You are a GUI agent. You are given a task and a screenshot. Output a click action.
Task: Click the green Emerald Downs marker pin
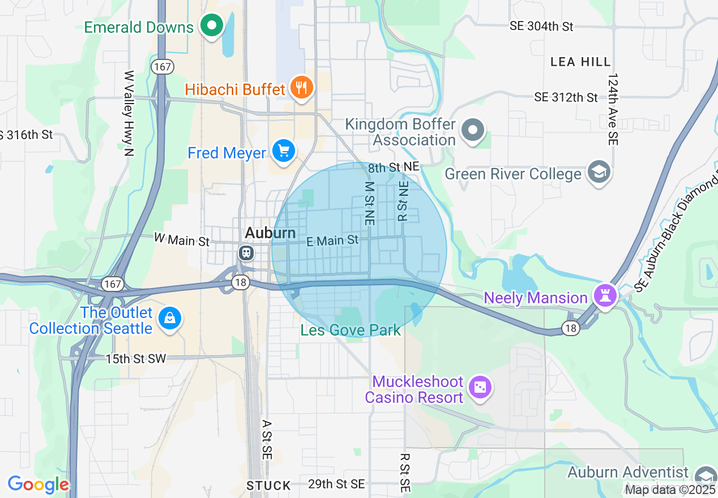212,26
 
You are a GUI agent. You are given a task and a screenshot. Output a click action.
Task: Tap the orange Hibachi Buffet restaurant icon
302,88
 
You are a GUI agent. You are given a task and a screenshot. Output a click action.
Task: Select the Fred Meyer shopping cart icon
283,152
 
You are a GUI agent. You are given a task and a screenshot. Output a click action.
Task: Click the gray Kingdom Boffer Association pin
473,131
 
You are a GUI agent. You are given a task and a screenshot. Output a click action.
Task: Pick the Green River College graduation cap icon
599,173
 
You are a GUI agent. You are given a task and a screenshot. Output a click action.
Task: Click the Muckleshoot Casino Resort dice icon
480,388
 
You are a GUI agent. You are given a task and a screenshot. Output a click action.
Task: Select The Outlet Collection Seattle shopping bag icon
169,319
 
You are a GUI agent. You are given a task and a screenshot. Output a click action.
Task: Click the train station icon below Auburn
246,252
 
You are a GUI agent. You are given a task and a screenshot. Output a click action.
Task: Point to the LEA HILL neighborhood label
580,62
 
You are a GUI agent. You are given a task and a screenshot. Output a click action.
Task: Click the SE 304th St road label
541,26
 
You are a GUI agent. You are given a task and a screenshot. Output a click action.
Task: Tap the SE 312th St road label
566,97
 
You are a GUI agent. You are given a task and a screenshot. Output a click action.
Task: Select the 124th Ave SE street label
612,109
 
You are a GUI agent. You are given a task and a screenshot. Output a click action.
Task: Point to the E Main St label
332,241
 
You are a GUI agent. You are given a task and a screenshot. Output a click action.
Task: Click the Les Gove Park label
351,330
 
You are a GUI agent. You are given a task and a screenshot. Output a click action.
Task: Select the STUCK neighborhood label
268,486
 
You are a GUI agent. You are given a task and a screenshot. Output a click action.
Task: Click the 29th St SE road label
336,484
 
